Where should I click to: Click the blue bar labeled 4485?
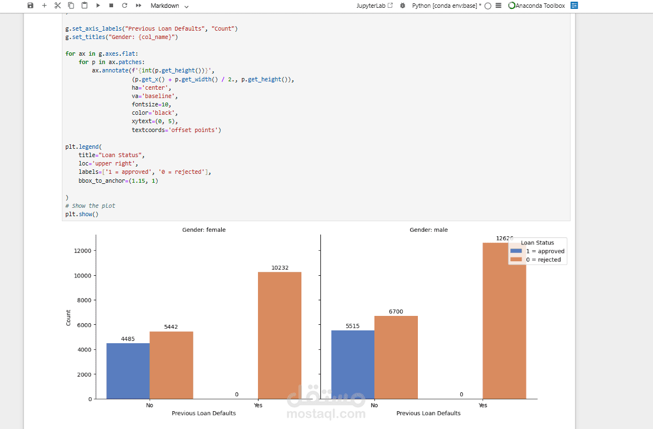[x=128, y=370]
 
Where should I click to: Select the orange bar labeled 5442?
[x=171, y=365]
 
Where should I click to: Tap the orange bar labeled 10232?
[x=279, y=335]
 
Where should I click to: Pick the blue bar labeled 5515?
[x=353, y=364]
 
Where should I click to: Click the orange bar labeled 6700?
[x=396, y=357]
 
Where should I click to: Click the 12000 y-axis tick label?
[x=82, y=251]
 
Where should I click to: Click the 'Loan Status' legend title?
[x=537, y=243]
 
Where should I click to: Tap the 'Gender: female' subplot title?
[x=204, y=230]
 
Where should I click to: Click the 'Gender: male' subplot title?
[x=428, y=230]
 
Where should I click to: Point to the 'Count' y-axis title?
[x=69, y=318]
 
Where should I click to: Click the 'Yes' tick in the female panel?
[x=258, y=405]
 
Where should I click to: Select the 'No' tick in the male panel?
[x=374, y=405]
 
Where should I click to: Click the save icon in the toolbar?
[x=30, y=6]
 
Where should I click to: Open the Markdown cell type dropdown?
[x=169, y=6]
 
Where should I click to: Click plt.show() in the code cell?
[x=81, y=214]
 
